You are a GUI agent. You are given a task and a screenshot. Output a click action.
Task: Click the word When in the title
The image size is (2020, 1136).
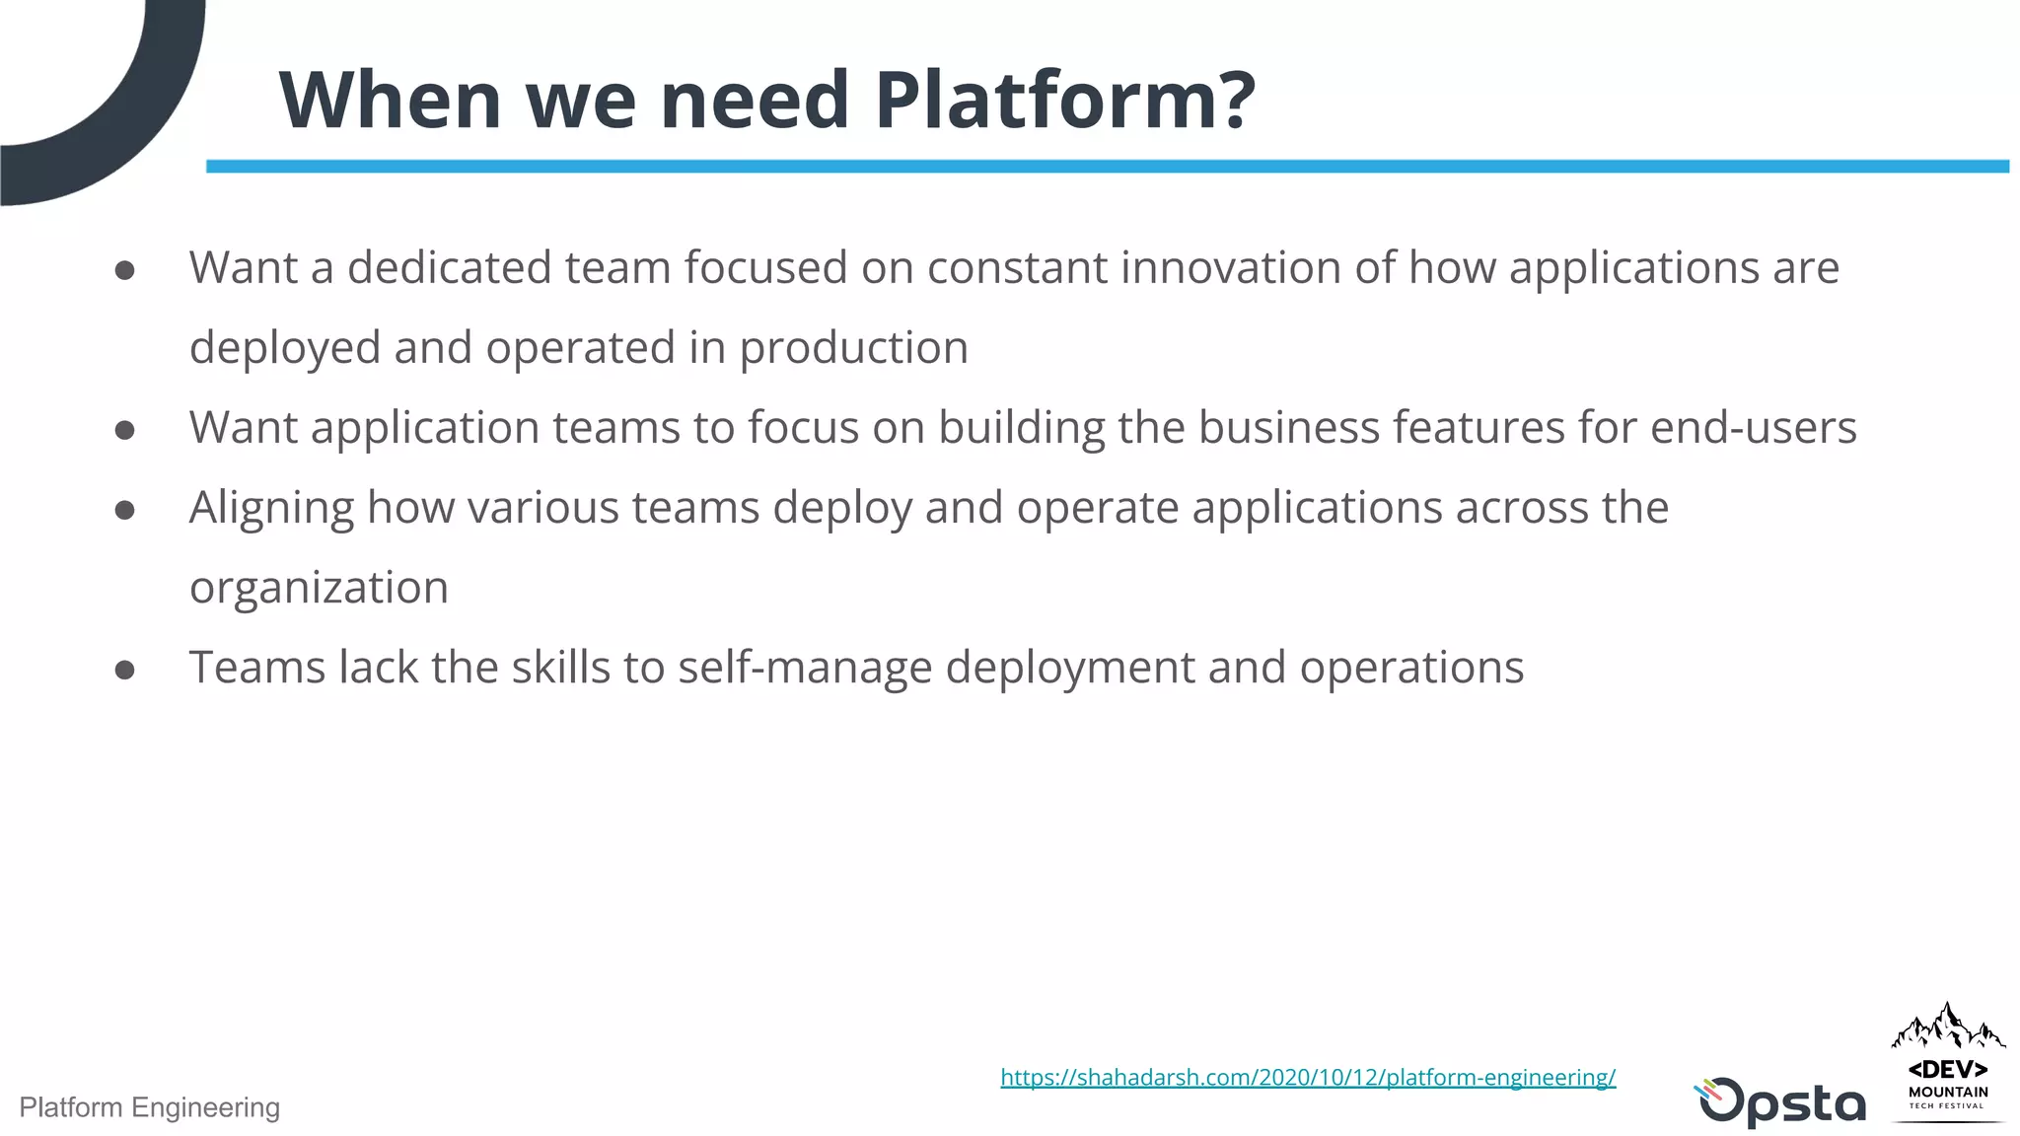click(391, 101)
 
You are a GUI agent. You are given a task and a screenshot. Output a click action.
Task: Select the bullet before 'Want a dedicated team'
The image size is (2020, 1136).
click(124, 270)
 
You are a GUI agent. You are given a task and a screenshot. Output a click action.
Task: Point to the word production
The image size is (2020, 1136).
click(853, 349)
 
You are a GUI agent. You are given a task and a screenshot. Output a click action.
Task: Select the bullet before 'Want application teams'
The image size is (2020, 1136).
click(124, 430)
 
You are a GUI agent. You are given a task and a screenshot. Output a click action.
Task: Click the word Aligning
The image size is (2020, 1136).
click(271, 509)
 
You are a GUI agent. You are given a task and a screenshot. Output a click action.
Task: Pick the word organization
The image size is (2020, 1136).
click(319, 588)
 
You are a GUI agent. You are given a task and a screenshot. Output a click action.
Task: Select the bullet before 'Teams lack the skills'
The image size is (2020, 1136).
click(124, 671)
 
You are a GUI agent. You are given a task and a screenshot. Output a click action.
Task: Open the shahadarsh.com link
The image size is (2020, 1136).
click(1308, 1077)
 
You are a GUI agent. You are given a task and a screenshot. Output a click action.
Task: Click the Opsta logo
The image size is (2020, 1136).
click(1780, 1101)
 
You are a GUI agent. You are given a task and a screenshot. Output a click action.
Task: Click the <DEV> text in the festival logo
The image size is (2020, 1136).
click(1948, 1070)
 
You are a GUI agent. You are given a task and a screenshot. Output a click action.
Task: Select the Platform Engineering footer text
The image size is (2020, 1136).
click(150, 1107)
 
